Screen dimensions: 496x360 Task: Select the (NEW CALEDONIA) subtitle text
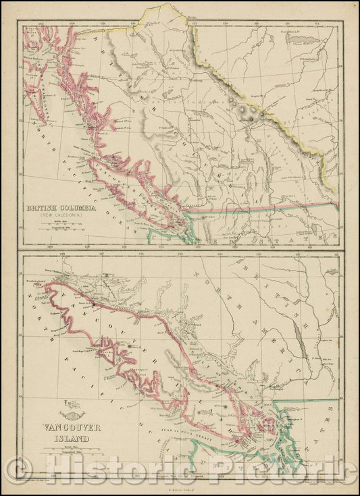(59, 216)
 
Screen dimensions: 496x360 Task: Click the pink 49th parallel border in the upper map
(270, 206)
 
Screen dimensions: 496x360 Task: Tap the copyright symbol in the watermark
(17, 470)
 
